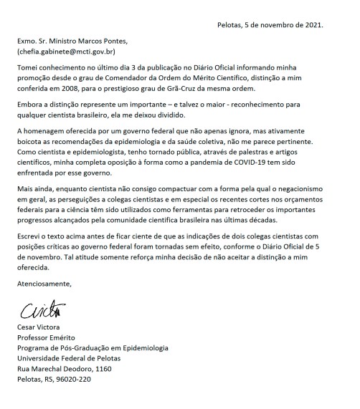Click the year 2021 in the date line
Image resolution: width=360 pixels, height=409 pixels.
[313, 25]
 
